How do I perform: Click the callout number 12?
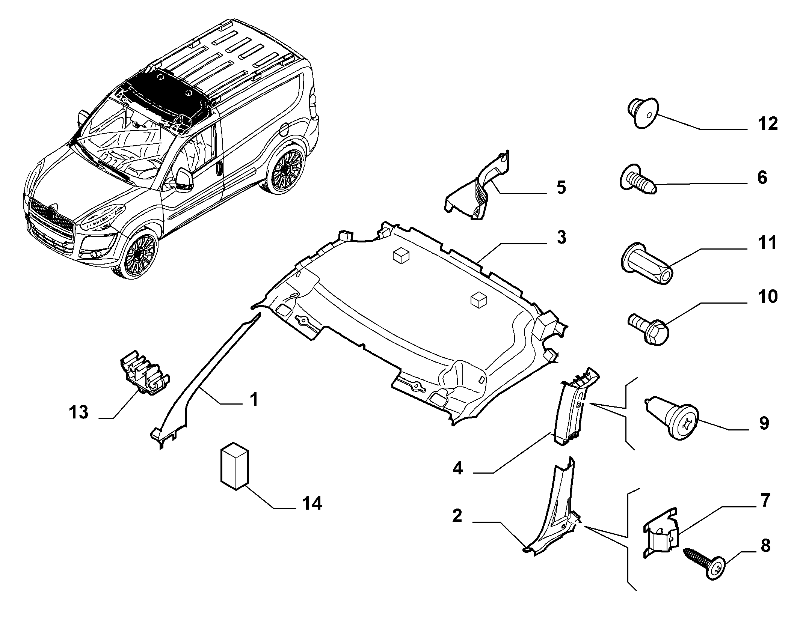coord(767,124)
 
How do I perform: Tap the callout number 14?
coord(312,503)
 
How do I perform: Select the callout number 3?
coord(561,238)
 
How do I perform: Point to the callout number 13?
coord(78,412)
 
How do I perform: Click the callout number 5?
coord(561,188)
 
